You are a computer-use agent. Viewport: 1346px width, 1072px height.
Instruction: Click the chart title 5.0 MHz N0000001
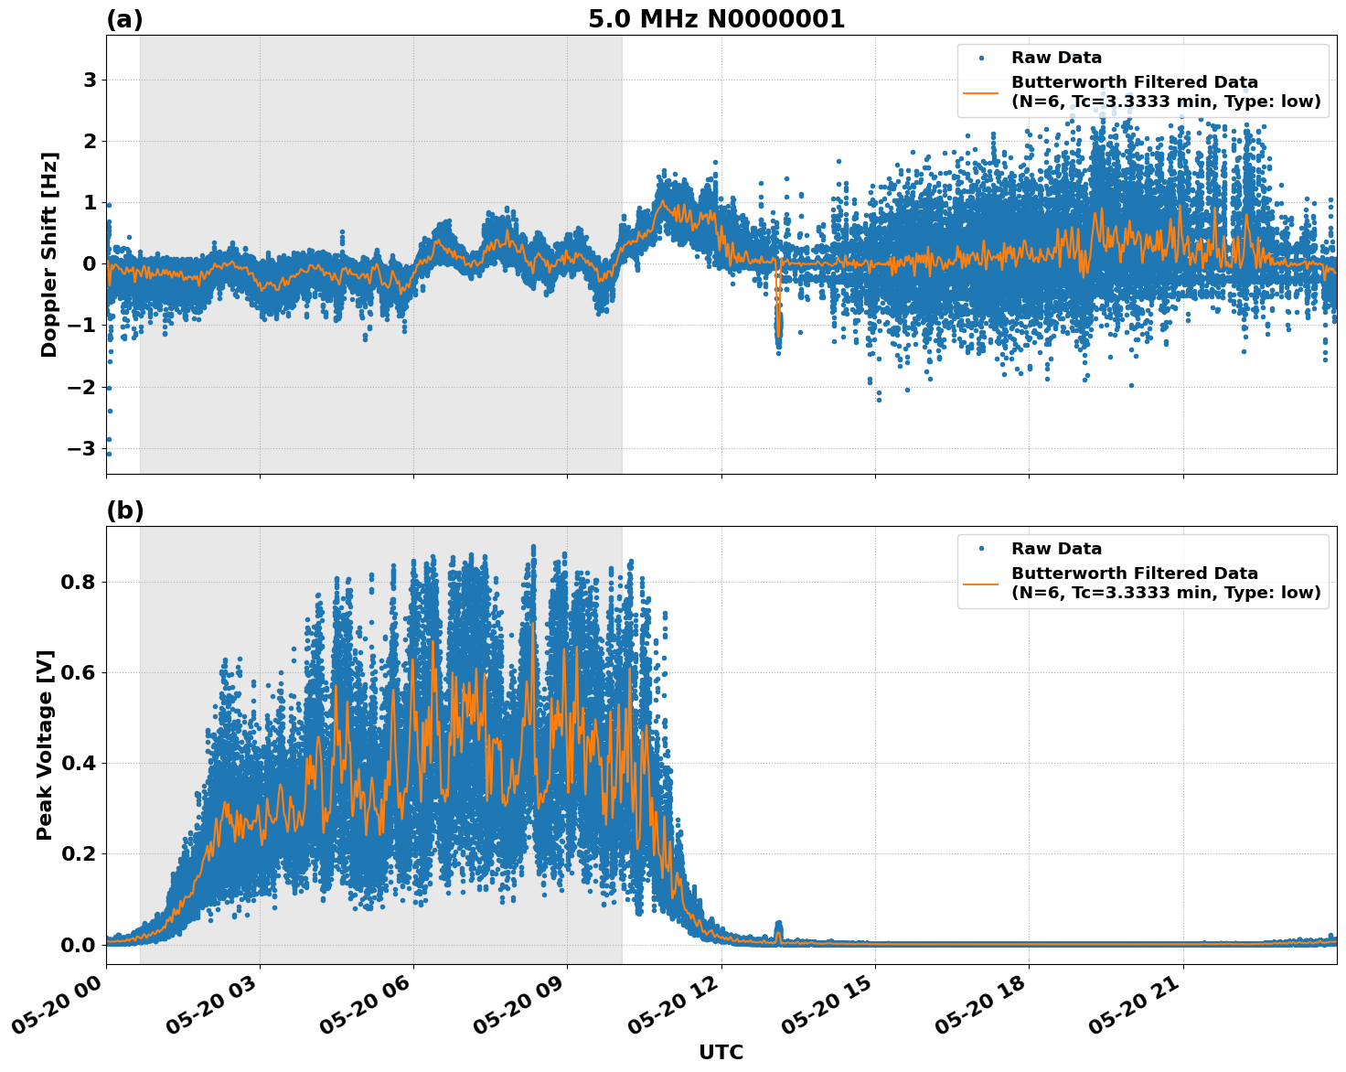coord(716,19)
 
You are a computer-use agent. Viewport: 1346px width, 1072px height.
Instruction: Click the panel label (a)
coord(124,19)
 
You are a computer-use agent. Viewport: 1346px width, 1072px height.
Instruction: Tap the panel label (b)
coord(124,510)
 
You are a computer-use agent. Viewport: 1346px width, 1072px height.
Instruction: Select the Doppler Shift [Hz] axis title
coord(49,254)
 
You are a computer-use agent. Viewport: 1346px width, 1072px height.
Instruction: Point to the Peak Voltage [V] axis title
coord(45,745)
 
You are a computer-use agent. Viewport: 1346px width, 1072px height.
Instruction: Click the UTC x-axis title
coord(721,1052)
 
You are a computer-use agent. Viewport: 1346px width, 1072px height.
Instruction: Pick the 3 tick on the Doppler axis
coord(90,80)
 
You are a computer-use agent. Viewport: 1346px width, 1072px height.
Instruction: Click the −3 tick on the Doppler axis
coord(82,448)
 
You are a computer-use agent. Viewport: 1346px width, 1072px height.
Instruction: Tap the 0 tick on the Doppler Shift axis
coord(90,264)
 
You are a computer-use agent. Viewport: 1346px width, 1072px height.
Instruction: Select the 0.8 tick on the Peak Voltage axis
coord(78,582)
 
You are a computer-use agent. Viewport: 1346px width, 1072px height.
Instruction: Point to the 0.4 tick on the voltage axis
coord(78,763)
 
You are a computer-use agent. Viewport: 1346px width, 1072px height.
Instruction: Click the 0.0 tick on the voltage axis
coord(78,944)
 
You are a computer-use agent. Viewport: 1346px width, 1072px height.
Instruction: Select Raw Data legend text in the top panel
coord(1056,59)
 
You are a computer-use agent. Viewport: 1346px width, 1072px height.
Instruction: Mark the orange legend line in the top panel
coord(981,92)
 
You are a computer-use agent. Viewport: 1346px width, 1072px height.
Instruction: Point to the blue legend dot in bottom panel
coord(981,549)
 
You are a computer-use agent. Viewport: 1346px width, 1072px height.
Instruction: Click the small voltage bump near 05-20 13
coord(778,927)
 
